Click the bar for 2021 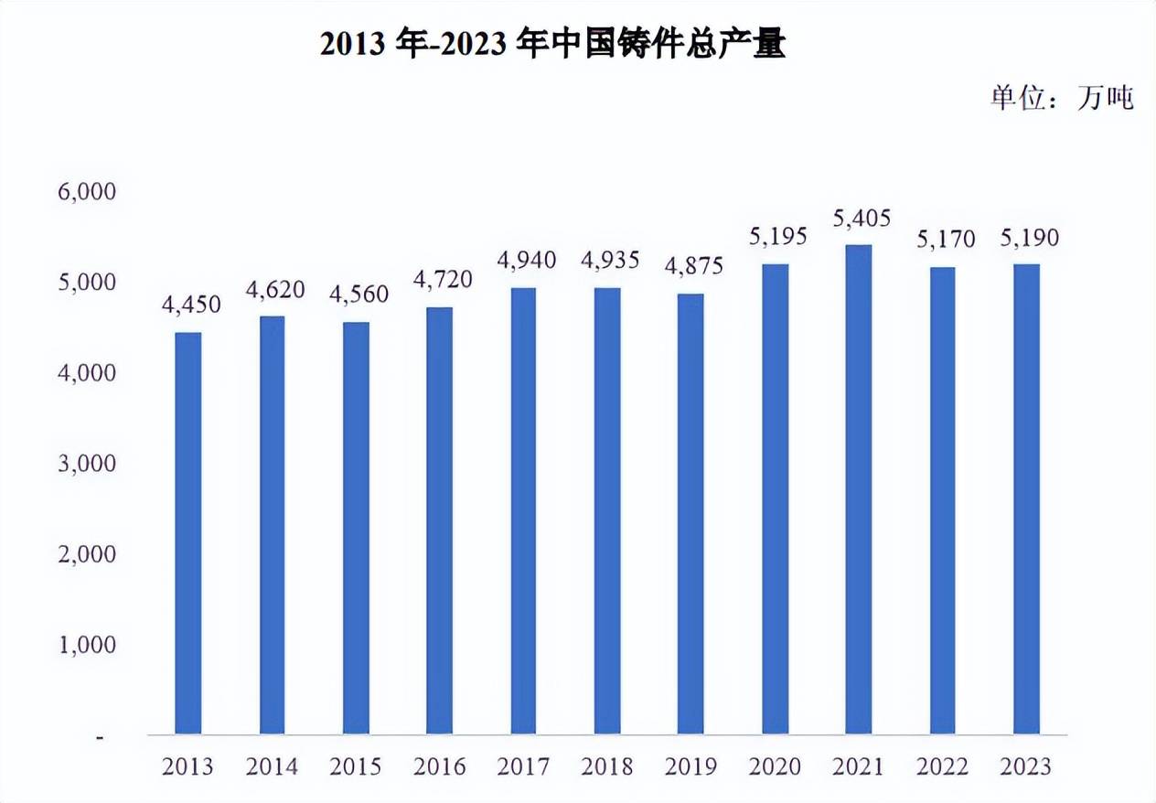858,489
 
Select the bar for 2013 187,533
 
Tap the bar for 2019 690,514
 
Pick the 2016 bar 439,520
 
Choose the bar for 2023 1026,499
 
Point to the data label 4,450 191,305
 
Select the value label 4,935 611,261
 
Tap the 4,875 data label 694,266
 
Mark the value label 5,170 945,241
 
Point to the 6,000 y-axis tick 88,192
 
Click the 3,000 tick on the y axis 88,464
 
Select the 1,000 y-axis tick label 88,645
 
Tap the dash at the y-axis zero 99,736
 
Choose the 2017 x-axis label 523,766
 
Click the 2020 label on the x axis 775,766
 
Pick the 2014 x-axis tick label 272,766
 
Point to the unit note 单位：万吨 1062,97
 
